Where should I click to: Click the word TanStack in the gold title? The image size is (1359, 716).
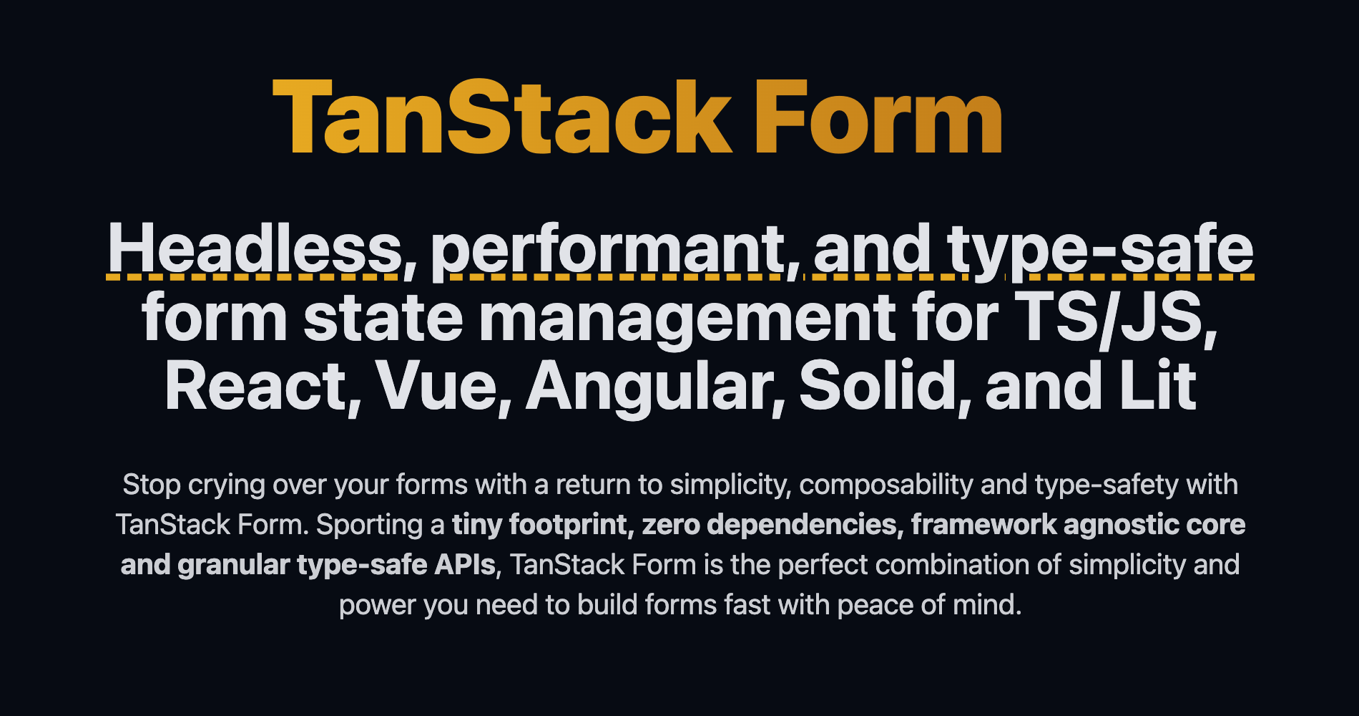(x=501, y=118)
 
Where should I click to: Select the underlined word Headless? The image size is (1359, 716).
(x=255, y=249)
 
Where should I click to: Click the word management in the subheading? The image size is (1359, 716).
(x=687, y=319)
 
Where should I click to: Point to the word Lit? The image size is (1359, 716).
(x=1159, y=387)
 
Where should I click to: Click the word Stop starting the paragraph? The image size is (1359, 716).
(x=152, y=485)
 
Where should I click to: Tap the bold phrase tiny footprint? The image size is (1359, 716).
(x=541, y=526)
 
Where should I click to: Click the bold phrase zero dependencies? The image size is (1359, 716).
(x=769, y=526)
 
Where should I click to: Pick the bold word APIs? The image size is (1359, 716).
(x=464, y=566)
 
